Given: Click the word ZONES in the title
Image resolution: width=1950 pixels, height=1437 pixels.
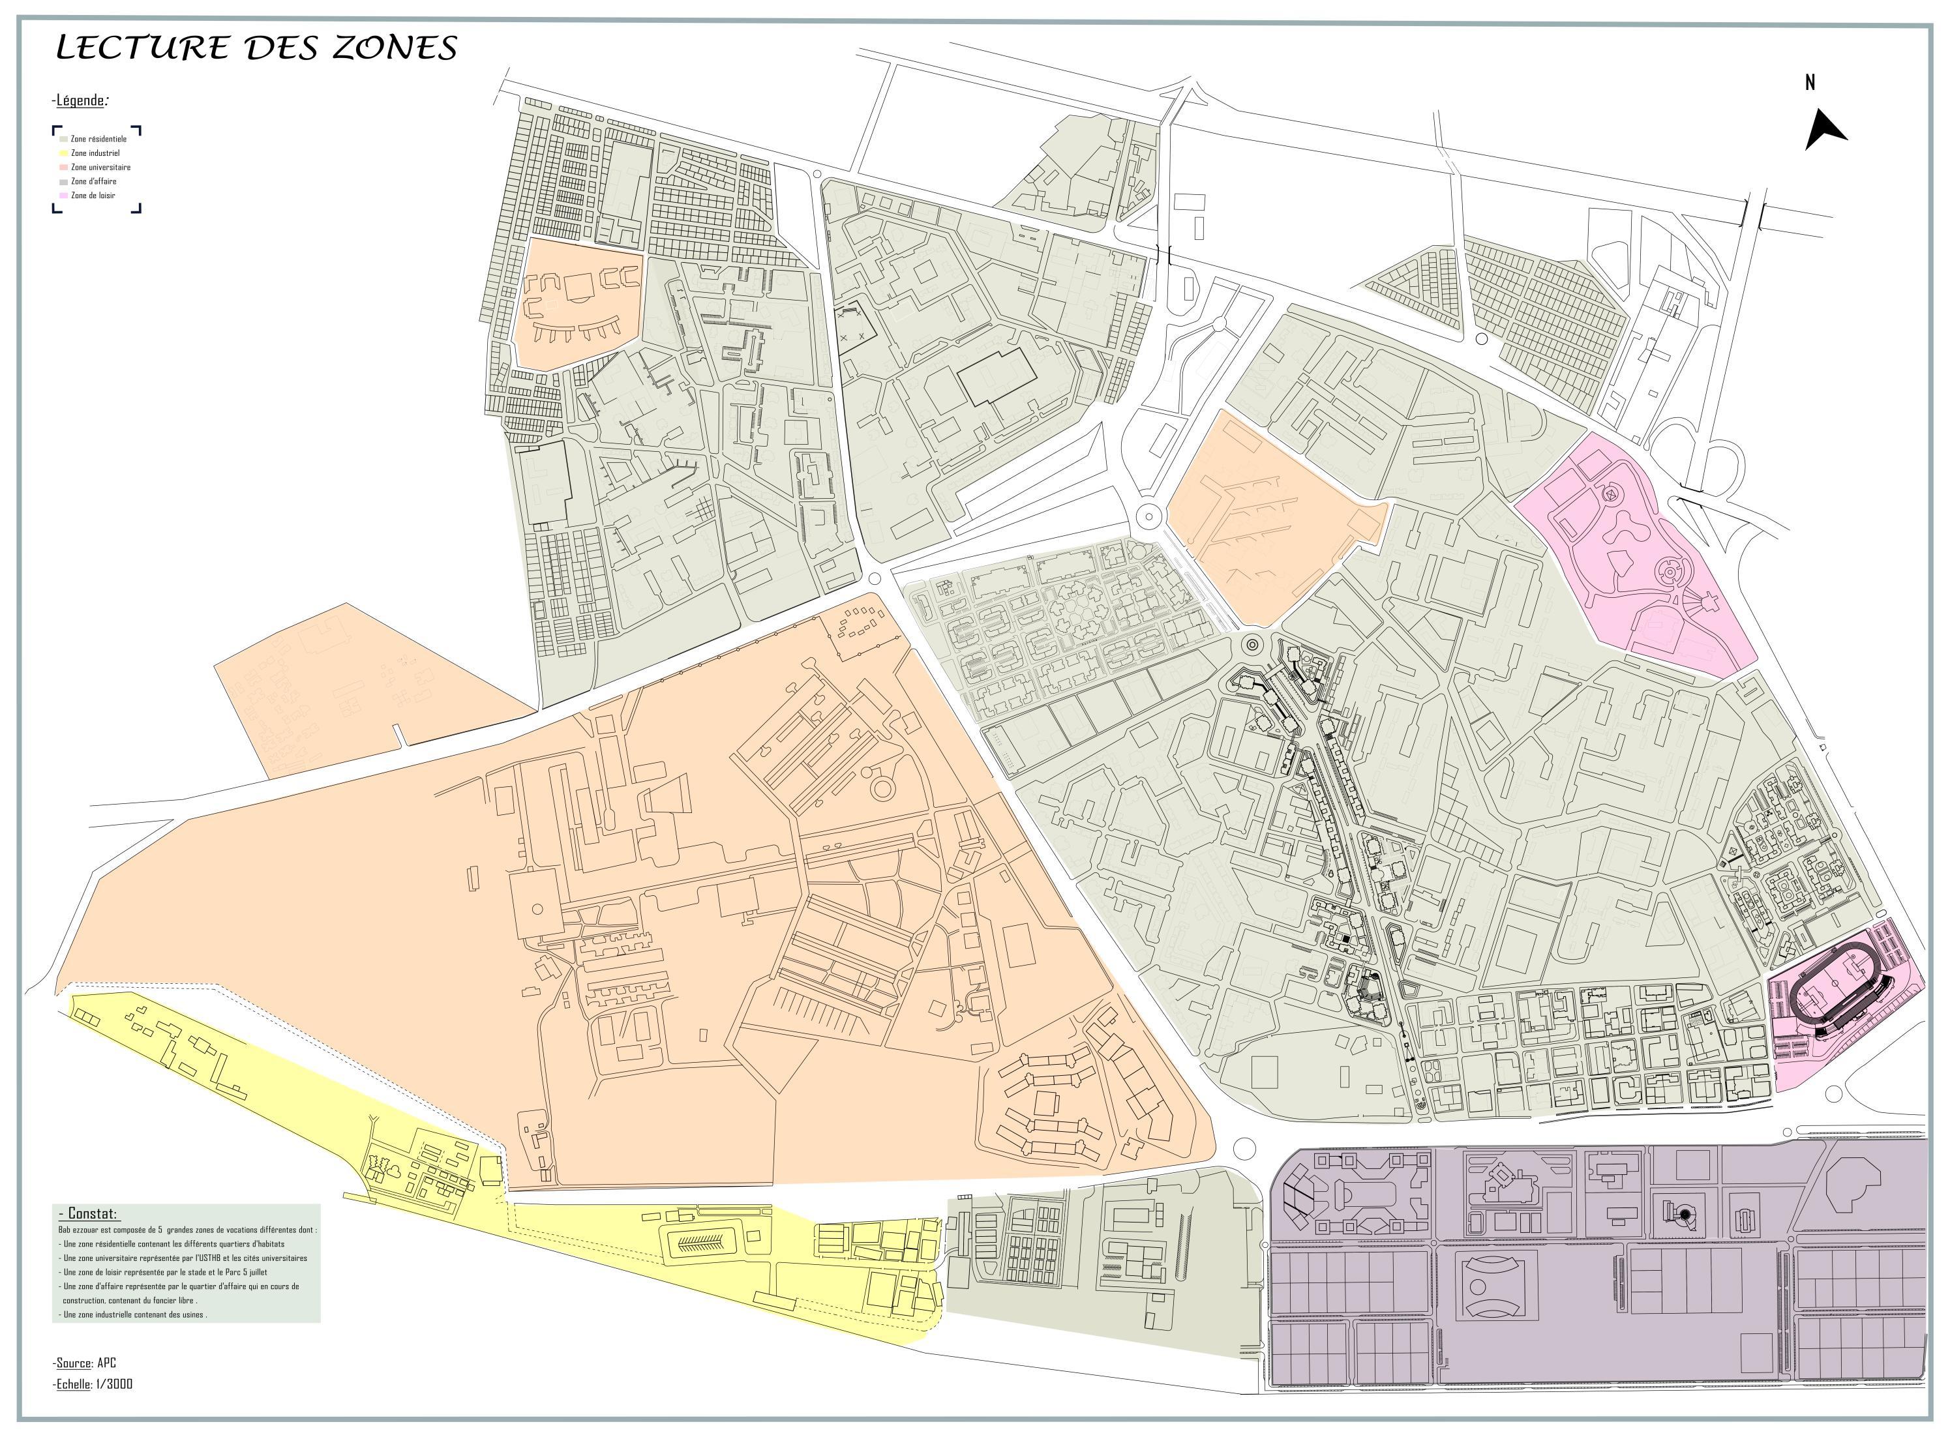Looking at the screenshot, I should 394,47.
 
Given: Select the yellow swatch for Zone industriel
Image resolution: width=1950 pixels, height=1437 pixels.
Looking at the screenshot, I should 63,153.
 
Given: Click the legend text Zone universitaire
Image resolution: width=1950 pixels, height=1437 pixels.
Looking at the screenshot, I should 101,167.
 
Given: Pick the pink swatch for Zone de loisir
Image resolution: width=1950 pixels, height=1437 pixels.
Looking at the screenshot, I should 63,196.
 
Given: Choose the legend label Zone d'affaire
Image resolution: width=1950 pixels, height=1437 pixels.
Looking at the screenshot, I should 94,182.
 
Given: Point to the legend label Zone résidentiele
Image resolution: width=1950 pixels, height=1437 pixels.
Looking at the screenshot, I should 99,139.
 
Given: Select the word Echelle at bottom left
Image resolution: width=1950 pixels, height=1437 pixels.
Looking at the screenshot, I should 74,1384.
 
